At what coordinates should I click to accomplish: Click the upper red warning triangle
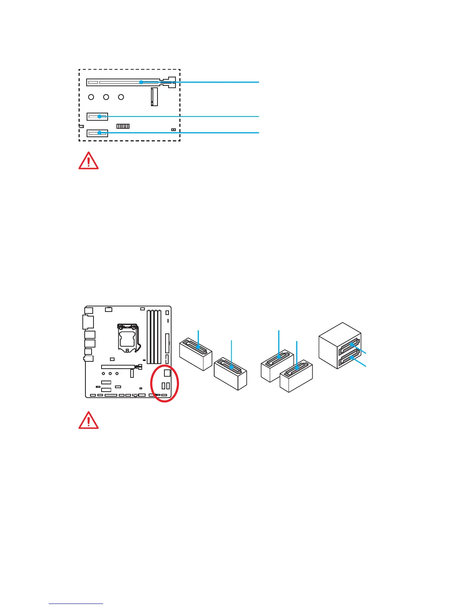(x=89, y=161)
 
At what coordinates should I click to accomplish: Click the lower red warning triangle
(x=89, y=420)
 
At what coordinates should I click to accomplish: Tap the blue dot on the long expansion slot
(x=141, y=82)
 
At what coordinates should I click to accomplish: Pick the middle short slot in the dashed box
(x=97, y=116)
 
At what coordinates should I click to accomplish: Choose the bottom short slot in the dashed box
(x=97, y=133)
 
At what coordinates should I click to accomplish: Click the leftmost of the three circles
(x=91, y=97)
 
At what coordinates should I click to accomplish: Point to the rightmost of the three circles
(x=121, y=97)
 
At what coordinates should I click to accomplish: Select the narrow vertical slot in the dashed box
(x=154, y=97)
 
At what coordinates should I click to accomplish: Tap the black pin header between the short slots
(x=123, y=126)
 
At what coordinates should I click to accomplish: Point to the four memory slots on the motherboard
(x=154, y=336)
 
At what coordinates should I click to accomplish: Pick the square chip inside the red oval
(x=167, y=372)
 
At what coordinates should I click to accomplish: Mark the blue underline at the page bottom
(x=76, y=604)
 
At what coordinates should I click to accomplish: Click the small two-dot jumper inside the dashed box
(x=174, y=130)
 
